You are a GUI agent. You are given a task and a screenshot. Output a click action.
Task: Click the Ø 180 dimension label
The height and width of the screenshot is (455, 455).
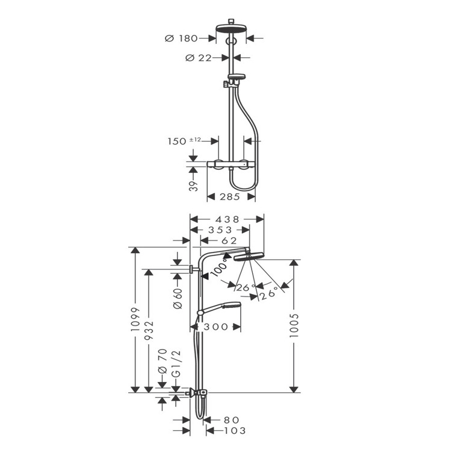(181, 38)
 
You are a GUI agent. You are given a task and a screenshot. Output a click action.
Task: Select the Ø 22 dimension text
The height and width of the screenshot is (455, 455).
(199, 58)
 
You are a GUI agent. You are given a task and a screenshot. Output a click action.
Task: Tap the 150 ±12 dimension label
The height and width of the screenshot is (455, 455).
(184, 141)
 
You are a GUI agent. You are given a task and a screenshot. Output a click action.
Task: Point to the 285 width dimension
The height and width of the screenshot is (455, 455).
(229, 196)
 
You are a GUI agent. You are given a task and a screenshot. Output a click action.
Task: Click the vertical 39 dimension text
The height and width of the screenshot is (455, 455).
(193, 186)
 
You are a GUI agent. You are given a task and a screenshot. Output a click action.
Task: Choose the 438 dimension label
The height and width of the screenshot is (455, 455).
(227, 219)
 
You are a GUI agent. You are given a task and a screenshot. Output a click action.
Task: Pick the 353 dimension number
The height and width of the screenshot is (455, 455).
(220, 230)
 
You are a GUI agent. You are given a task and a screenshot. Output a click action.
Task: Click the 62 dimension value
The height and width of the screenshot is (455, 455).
(229, 240)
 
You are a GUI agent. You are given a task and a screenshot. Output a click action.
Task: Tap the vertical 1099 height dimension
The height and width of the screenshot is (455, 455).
(135, 319)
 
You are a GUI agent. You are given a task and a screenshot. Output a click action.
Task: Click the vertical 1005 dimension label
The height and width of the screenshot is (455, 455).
(294, 325)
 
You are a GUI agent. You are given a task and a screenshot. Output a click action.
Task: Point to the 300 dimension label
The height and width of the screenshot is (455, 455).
(216, 327)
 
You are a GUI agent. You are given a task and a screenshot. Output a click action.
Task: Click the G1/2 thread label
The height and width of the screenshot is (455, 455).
(176, 364)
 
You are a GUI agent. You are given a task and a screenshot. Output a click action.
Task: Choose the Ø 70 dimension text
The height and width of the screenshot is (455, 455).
(162, 361)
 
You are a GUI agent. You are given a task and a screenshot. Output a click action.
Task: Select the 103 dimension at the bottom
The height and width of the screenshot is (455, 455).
(235, 430)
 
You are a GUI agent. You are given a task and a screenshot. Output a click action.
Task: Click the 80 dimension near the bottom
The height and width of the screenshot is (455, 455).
(231, 420)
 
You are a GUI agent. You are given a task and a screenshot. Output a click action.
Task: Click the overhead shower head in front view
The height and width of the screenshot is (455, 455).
(231, 28)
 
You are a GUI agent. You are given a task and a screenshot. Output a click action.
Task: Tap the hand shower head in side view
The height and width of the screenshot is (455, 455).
(223, 307)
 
